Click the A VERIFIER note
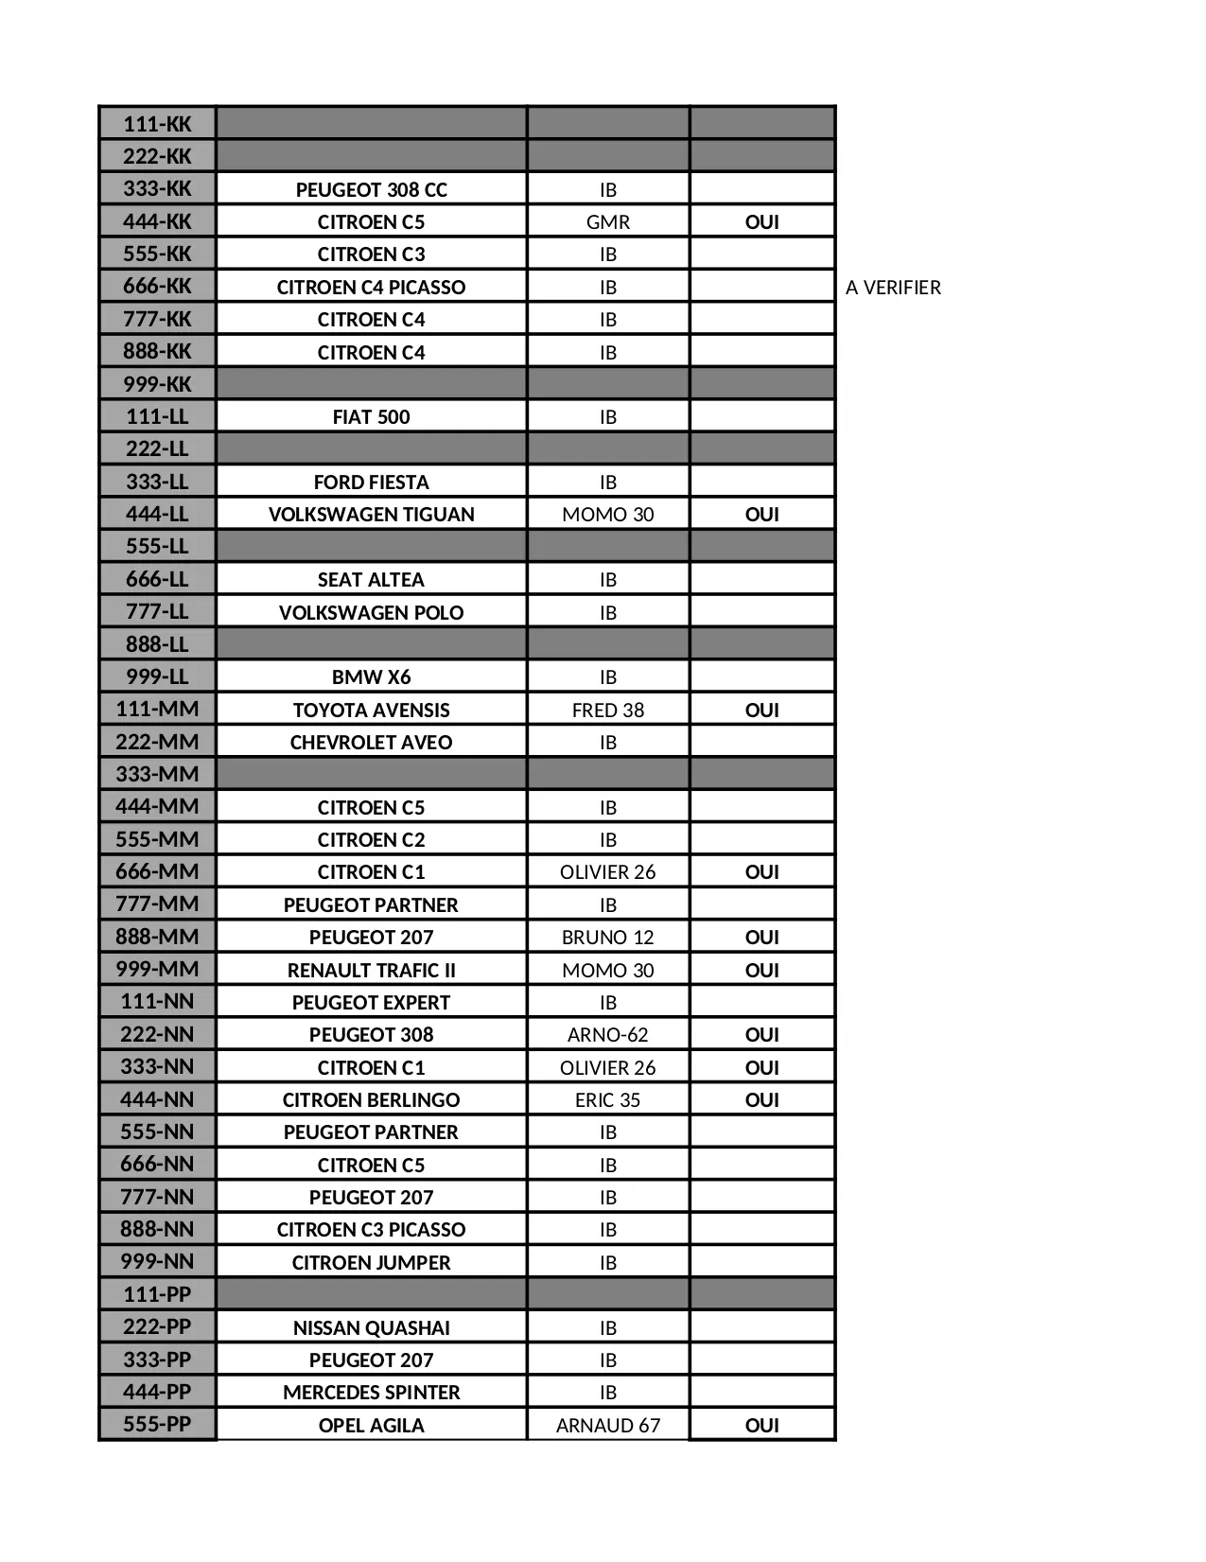click(x=893, y=288)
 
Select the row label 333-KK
click(x=157, y=188)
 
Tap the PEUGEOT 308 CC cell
click(x=371, y=189)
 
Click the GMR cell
click(x=607, y=222)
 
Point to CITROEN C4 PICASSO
click(x=371, y=288)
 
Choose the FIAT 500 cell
click(x=371, y=417)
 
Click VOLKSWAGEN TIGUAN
click(x=371, y=515)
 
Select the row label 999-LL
click(x=157, y=676)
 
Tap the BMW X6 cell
click(x=371, y=677)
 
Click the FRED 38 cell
click(x=607, y=711)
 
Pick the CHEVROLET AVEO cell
click(x=371, y=743)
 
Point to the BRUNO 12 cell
click(x=607, y=938)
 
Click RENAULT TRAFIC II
click(x=371, y=971)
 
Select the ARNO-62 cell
click(x=607, y=1035)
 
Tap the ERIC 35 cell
click(x=607, y=1100)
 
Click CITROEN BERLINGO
click(x=371, y=1100)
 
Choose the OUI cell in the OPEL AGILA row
click(x=761, y=1426)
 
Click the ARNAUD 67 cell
click(x=607, y=1426)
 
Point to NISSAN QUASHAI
click(x=371, y=1328)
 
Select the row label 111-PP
click(x=157, y=1294)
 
